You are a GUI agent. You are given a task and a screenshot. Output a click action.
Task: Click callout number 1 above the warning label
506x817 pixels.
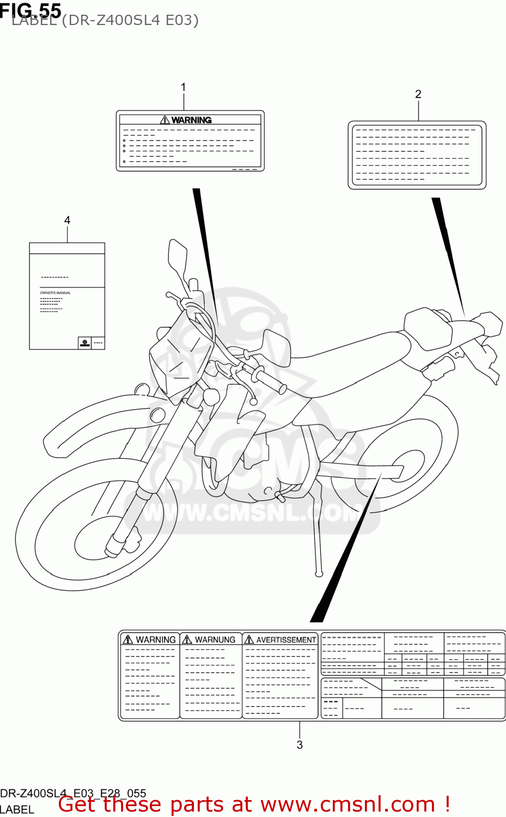pyautogui.click(x=184, y=87)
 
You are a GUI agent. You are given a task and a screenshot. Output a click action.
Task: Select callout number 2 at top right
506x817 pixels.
pyautogui.click(x=418, y=94)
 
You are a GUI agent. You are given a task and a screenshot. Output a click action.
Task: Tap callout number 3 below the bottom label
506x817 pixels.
pyautogui.click(x=300, y=745)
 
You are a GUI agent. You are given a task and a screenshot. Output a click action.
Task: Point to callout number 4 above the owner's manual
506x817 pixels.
pyautogui.click(x=67, y=220)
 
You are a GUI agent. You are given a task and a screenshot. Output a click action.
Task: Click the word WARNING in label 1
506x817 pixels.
pyautogui.click(x=191, y=120)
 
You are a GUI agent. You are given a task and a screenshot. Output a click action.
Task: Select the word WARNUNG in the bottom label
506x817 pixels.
pyautogui.click(x=215, y=639)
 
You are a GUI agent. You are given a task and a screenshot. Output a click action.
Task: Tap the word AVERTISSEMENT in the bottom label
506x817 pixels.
pyautogui.click(x=286, y=639)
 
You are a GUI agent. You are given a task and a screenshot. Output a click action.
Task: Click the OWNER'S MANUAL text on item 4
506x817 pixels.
pyautogui.click(x=55, y=293)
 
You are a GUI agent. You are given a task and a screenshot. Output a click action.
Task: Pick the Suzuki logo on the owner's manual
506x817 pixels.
pyautogui.click(x=84, y=343)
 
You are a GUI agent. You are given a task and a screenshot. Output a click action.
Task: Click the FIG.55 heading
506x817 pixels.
pyautogui.click(x=31, y=10)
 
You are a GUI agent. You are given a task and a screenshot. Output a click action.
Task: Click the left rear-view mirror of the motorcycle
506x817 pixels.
pyautogui.click(x=178, y=253)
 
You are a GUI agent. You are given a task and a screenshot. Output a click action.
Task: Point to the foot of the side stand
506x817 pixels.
pyautogui.click(x=319, y=573)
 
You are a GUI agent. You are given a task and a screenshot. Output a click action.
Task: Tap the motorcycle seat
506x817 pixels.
pyautogui.click(x=349, y=354)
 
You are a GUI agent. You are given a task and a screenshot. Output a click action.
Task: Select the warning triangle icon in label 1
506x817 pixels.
pyautogui.click(x=165, y=120)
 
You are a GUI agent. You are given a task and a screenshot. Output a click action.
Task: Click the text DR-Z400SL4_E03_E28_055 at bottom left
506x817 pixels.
pyautogui.click(x=73, y=794)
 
